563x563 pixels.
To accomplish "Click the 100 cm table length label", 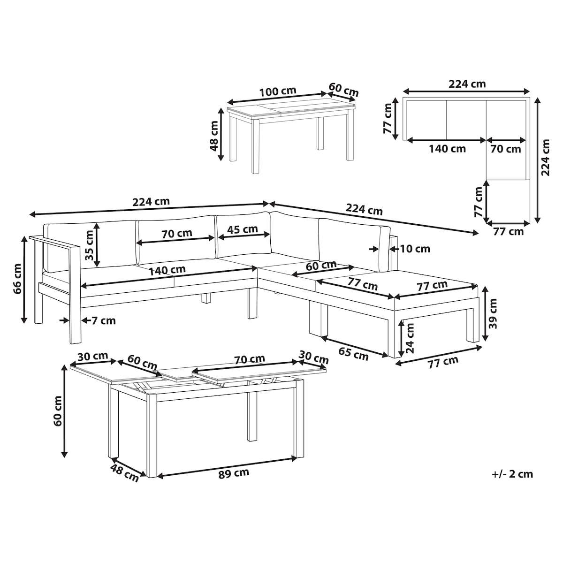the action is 278,91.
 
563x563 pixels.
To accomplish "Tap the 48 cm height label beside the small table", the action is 214,136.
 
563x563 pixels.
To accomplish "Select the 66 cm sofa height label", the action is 17,279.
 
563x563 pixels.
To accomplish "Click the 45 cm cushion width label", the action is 242,229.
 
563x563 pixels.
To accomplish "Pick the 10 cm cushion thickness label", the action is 415,249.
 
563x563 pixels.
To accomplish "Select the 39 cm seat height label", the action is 492,313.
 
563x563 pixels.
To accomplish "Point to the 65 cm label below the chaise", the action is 353,354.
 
